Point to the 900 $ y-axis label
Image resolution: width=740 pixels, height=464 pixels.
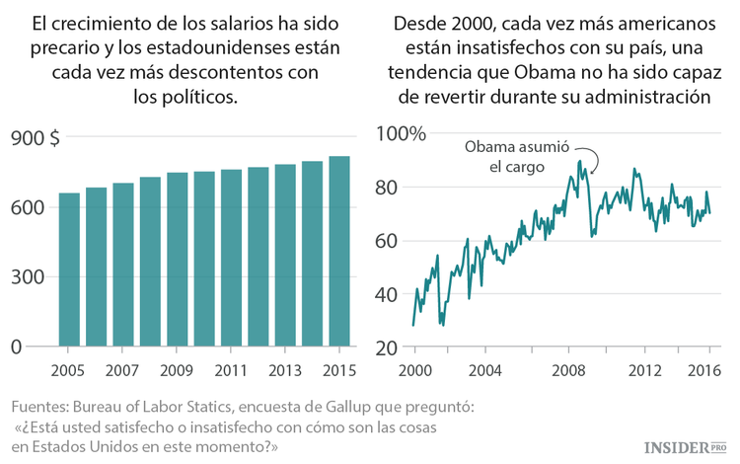(36, 138)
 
